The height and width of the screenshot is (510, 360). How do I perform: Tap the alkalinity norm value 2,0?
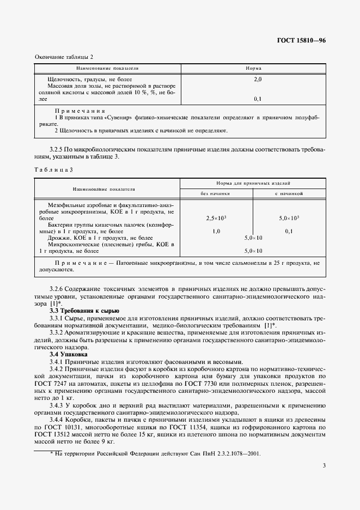(x=258, y=80)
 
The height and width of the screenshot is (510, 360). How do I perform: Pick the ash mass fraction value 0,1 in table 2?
(x=258, y=99)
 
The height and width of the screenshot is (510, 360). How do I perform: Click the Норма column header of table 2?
(x=254, y=69)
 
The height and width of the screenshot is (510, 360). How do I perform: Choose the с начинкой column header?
(x=289, y=193)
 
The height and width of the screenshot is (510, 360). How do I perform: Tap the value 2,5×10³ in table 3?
(x=216, y=218)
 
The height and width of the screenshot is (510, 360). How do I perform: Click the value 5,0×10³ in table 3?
(x=289, y=218)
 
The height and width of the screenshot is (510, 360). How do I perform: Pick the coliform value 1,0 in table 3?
(x=216, y=231)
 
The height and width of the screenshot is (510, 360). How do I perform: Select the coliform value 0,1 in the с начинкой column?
(x=289, y=231)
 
